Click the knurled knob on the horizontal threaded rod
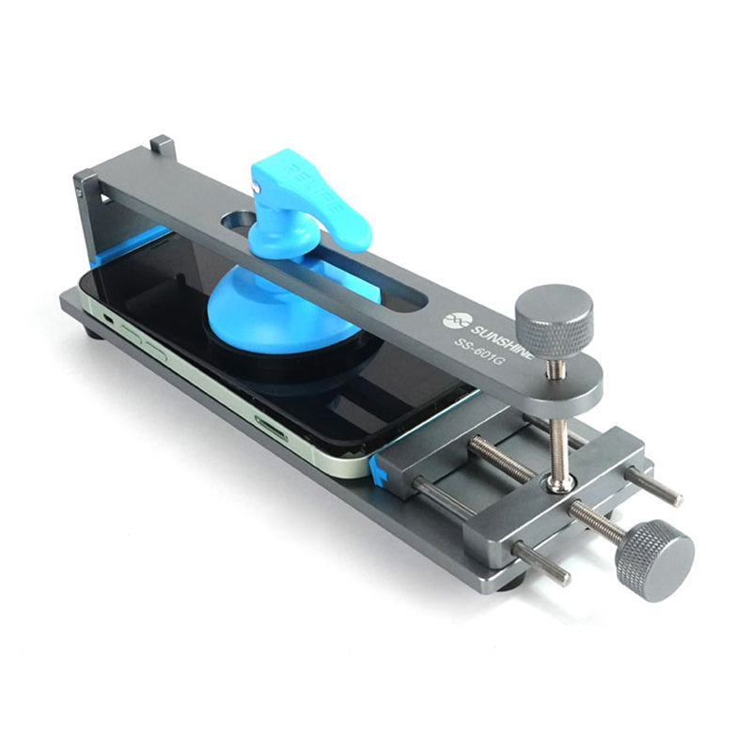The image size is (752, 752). (654, 560)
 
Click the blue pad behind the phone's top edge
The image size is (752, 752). (132, 243)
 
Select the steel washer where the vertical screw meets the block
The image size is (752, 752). (562, 482)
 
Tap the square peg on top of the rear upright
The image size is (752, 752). (162, 146)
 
